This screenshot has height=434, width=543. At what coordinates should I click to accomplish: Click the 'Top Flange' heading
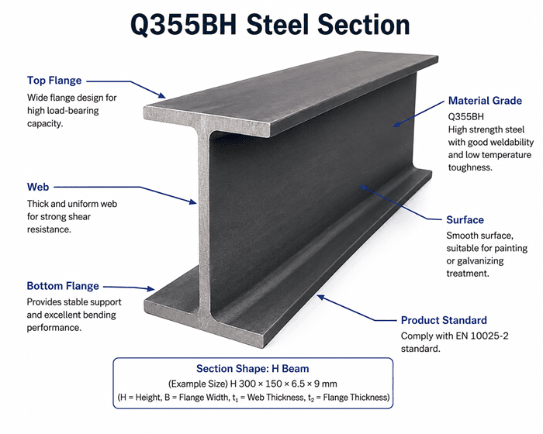tap(54, 81)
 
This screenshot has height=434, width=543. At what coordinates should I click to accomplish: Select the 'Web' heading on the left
tap(38, 187)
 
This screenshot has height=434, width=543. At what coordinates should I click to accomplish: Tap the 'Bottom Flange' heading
tap(63, 286)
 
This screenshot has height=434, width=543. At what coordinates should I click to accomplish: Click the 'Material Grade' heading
tap(485, 101)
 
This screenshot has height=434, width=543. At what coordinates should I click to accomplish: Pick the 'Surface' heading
tap(465, 220)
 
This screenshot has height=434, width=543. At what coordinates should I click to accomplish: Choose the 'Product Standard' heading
tap(444, 320)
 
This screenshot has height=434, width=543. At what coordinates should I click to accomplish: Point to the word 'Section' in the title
tap(364, 24)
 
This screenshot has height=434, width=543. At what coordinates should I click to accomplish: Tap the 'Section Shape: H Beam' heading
tap(252, 369)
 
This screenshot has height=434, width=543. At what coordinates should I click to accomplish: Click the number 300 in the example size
tap(247, 384)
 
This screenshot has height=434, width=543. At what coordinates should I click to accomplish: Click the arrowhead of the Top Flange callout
tap(162, 95)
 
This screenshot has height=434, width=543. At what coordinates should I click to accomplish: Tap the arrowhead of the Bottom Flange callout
tap(150, 288)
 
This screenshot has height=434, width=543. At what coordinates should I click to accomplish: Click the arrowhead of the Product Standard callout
tap(320, 298)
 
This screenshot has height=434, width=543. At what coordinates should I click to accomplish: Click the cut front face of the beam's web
tap(204, 222)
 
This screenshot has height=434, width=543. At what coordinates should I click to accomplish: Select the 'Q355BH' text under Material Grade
tap(465, 116)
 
